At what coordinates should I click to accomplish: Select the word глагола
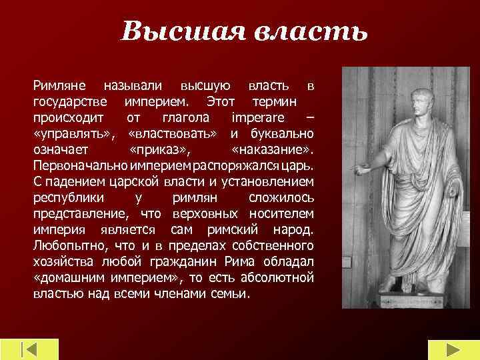coord(186,118)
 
